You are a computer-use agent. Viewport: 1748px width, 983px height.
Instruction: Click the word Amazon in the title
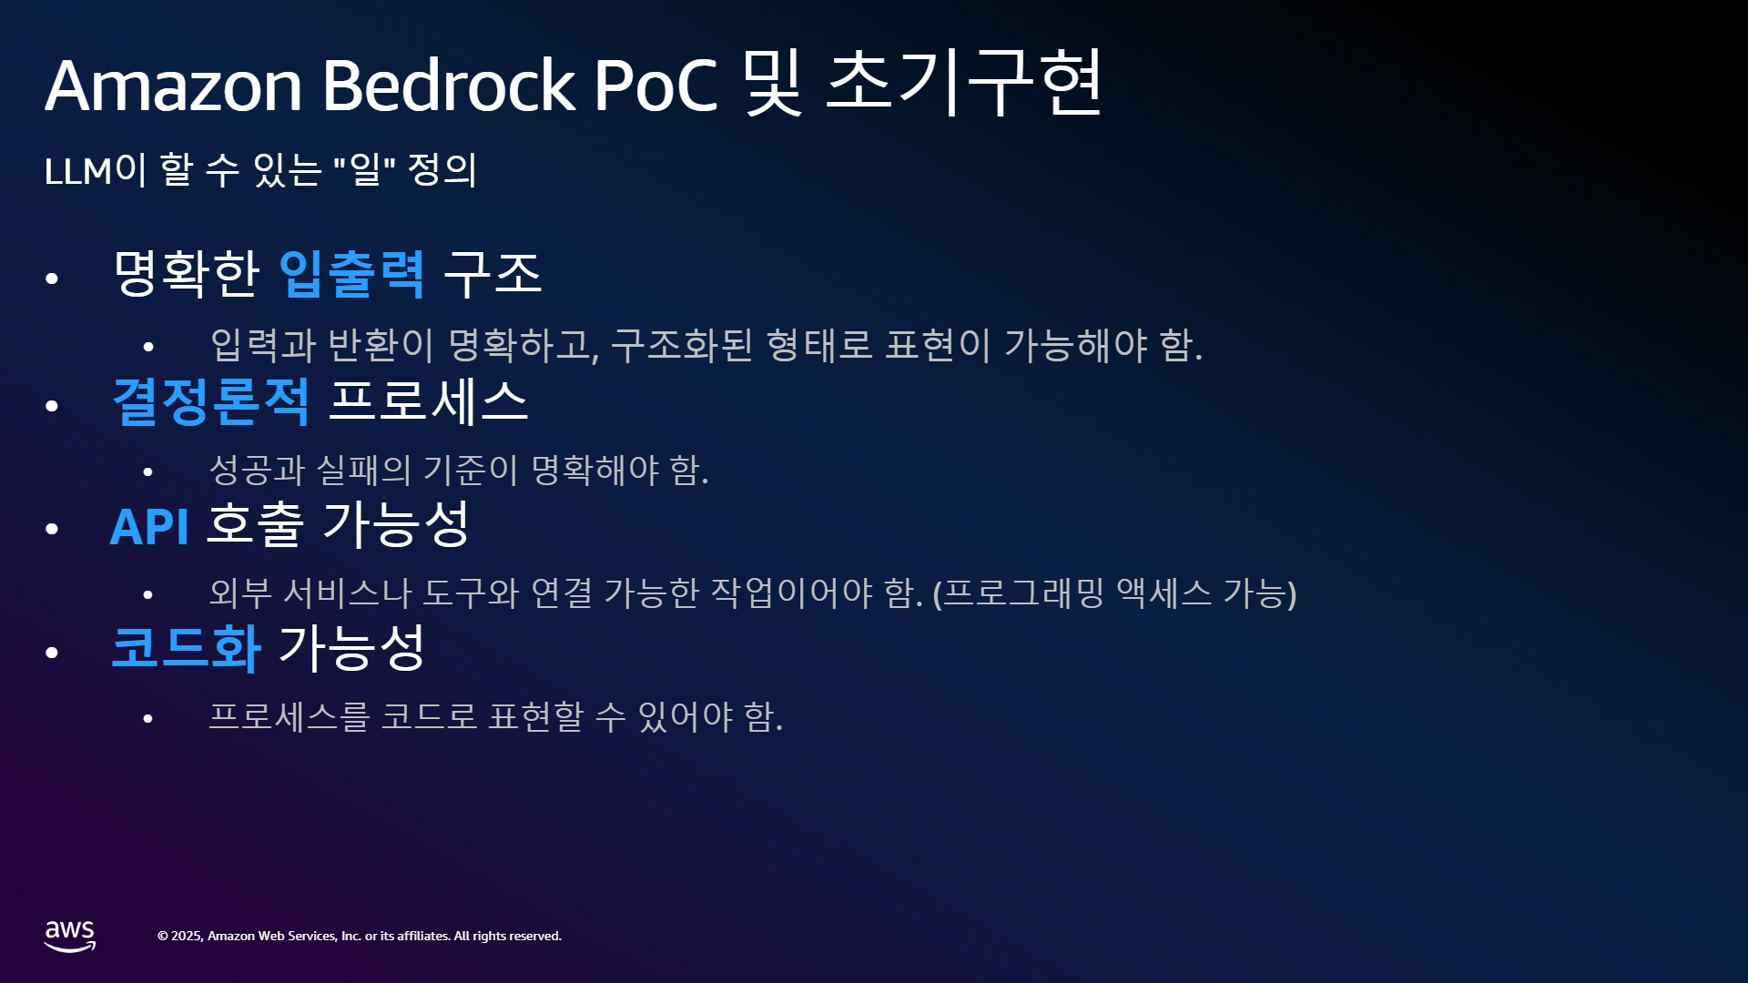coord(173,86)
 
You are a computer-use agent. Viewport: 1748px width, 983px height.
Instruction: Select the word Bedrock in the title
coord(449,84)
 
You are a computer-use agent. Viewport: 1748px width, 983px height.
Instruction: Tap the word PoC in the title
coord(655,86)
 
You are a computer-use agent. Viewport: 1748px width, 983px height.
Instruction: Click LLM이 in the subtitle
coord(95,169)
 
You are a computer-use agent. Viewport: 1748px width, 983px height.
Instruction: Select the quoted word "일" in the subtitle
coord(364,168)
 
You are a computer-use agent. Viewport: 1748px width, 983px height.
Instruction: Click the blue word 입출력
coord(351,274)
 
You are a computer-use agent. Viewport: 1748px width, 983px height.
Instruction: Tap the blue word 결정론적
coord(210,401)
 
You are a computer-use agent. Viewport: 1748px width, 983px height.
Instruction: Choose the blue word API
coord(149,526)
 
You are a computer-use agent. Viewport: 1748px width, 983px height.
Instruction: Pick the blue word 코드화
coord(186,648)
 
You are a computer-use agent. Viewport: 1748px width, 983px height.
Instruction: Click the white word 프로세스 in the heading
coord(428,401)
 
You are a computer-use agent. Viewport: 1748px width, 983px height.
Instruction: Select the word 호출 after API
coord(255,524)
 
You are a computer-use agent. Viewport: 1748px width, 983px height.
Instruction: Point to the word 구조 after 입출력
coord(493,274)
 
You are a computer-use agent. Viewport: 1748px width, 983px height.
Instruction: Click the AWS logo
coord(70,936)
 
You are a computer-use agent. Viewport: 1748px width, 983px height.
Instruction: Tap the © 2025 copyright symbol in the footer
coord(163,937)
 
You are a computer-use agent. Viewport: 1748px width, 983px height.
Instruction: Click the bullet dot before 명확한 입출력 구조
coord(52,279)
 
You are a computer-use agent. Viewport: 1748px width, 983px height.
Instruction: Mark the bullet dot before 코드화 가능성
coord(52,653)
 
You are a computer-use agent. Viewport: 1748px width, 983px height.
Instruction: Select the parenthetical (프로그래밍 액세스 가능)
coord(1114,593)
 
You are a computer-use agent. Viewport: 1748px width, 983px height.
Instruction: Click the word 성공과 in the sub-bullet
coord(257,470)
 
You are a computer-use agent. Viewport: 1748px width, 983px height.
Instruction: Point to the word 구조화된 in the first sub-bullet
coord(682,346)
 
